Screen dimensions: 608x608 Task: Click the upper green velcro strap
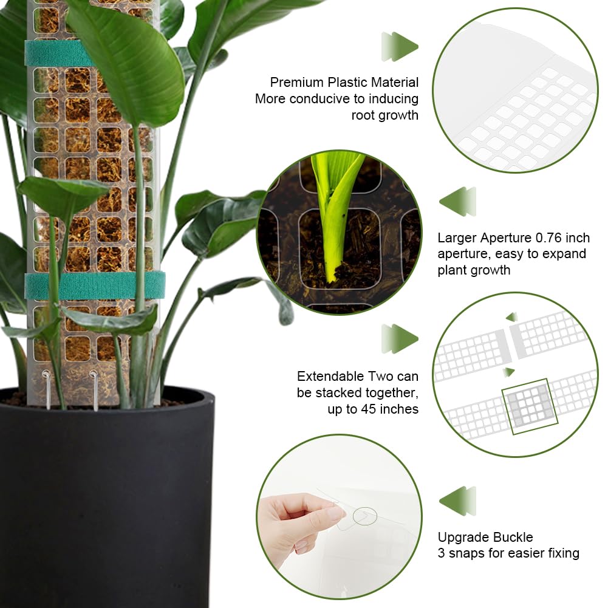coord(58,53)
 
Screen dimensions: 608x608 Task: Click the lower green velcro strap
coord(95,285)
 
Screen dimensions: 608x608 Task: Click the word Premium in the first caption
coord(296,83)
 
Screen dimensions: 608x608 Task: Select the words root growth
coord(384,115)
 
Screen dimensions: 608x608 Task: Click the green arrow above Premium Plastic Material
coord(400,47)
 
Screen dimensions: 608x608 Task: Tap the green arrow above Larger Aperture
coord(457,202)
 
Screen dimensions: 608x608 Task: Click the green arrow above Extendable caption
coord(400,338)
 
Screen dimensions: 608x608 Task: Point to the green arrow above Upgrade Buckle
coord(457,501)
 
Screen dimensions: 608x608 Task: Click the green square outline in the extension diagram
coord(530,406)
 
